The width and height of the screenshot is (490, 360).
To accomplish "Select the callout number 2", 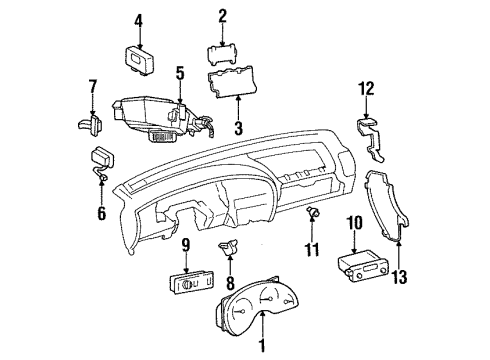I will (223, 15).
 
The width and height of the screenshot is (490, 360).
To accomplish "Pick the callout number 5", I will (180, 72).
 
